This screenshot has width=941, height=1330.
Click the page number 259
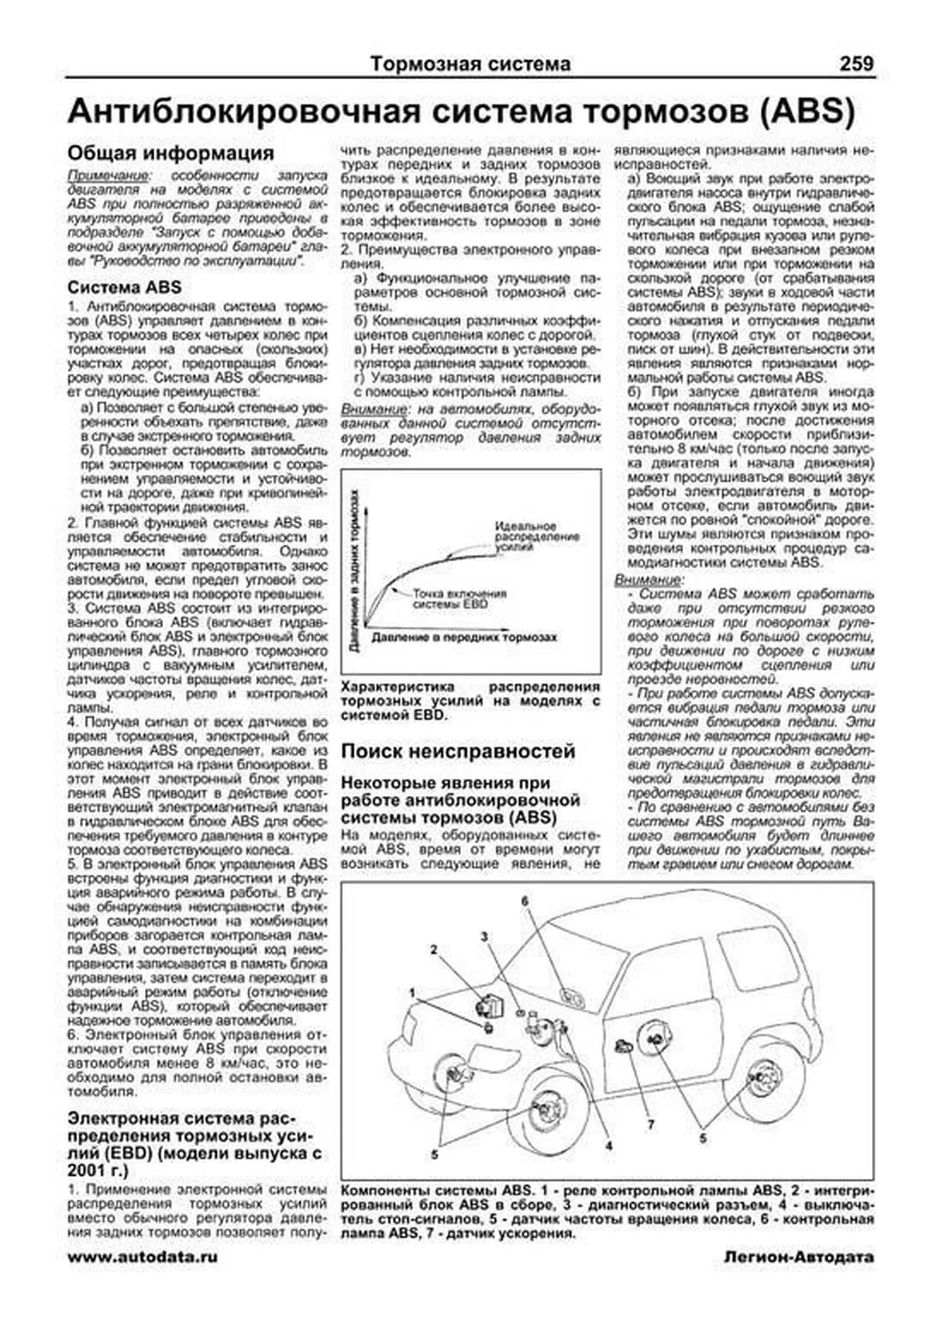pyautogui.click(x=856, y=63)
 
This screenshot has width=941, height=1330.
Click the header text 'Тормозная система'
pyautogui.click(x=470, y=63)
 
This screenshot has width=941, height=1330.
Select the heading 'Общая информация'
pyautogui.click(x=170, y=152)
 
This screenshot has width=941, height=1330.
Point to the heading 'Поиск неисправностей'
pyautogui.click(x=458, y=751)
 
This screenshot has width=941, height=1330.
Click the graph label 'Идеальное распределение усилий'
pyautogui.click(x=536, y=537)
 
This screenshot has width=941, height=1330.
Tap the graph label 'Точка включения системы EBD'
pyautogui.click(x=459, y=599)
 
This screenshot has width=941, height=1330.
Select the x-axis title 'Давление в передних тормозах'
pyautogui.click(x=464, y=637)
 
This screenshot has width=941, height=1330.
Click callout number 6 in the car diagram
pyautogui.click(x=525, y=901)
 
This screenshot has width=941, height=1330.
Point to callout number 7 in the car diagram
pyautogui.click(x=650, y=1125)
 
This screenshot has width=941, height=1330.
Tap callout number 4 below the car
pyautogui.click(x=608, y=1146)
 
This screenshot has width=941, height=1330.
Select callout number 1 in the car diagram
pyautogui.click(x=411, y=992)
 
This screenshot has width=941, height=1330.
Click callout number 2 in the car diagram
pyautogui.click(x=433, y=949)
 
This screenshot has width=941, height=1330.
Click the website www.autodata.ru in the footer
pyautogui.click(x=143, y=1256)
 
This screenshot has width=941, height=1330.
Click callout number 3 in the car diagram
pyautogui.click(x=485, y=937)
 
